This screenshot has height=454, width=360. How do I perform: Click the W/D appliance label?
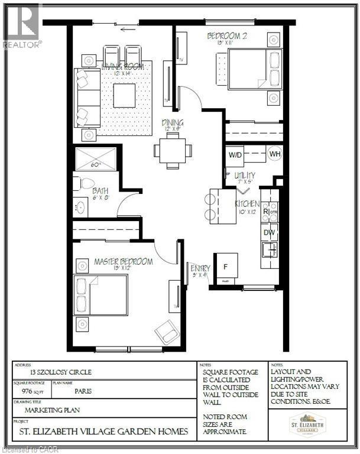(236, 155)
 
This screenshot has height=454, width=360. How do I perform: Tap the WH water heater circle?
(274, 154)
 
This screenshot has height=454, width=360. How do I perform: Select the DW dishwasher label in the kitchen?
(268, 232)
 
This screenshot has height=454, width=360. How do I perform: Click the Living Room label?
(123, 68)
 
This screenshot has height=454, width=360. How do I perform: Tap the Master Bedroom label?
(123, 261)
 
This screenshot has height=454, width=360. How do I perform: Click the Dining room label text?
(173, 124)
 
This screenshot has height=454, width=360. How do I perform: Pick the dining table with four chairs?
(173, 150)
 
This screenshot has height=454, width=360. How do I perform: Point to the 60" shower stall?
(96, 159)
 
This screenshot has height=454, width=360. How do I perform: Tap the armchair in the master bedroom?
(167, 332)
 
